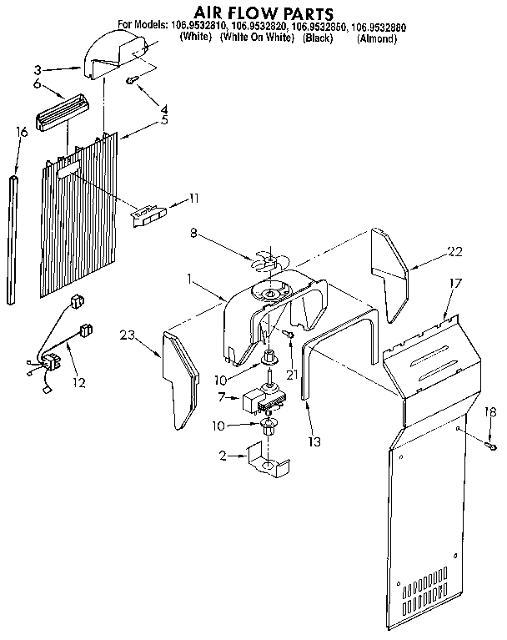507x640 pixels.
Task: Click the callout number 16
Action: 22,132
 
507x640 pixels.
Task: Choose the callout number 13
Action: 314,441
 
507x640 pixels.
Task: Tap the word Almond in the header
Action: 377,38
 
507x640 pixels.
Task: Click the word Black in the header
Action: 318,38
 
